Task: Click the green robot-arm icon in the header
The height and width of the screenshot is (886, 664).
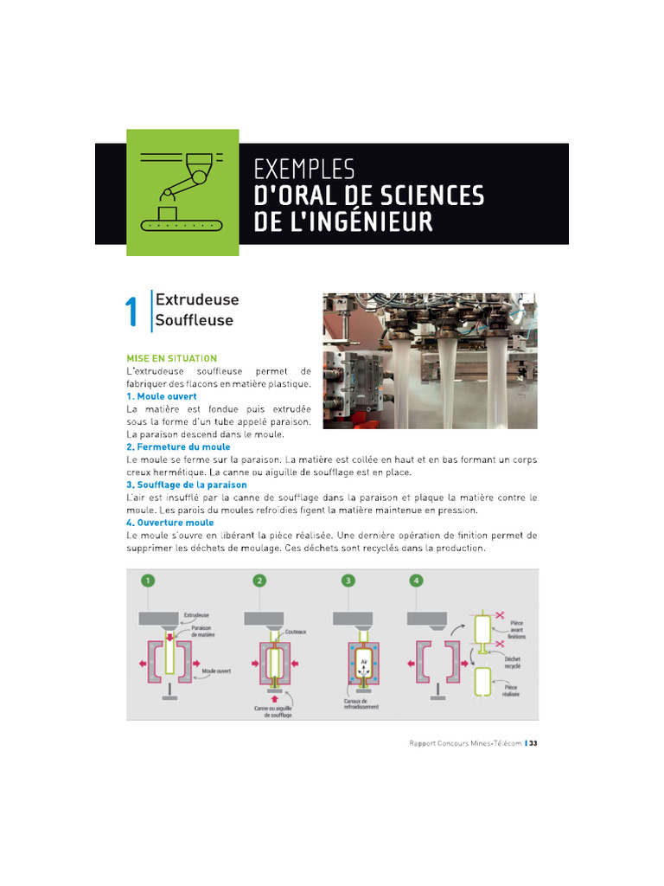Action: (x=182, y=192)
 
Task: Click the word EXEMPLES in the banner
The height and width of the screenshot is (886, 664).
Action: (x=304, y=169)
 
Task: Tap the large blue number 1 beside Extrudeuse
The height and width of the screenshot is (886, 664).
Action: (x=131, y=312)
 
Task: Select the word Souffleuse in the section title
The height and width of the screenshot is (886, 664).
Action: (x=194, y=321)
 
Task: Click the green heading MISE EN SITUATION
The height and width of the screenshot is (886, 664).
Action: (x=172, y=358)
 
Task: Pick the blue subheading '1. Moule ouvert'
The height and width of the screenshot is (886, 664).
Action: (x=162, y=396)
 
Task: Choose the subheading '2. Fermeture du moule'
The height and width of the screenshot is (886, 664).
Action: (x=178, y=447)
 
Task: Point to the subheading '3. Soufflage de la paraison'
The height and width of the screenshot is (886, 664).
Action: (x=187, y=485)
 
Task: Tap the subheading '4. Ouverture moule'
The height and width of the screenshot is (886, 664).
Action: (x=170, y=523)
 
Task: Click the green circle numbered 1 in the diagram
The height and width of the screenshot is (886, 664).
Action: (x=150, y=581)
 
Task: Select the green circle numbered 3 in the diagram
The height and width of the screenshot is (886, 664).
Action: (x=348, y=581)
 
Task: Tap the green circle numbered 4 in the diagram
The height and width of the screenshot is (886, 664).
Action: (x=417, y=581)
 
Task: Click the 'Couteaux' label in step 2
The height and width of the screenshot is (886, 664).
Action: (x=296, y=632)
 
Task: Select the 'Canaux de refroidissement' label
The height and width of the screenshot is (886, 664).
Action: (x=361, y=704)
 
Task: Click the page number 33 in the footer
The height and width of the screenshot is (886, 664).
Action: (x=533, y=743)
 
